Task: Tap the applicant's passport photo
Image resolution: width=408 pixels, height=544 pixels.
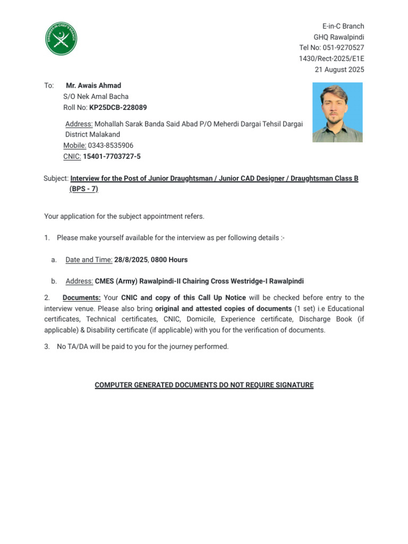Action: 337,112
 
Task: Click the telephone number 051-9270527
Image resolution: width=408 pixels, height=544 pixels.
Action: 342,48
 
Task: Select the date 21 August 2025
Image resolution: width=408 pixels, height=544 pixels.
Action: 340,70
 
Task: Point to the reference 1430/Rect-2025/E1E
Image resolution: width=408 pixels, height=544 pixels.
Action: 331,59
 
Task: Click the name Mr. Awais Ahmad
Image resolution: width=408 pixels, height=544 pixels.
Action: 93,86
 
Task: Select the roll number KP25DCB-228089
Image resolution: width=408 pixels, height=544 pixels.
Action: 118,107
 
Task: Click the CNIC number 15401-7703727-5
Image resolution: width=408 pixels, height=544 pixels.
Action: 112,157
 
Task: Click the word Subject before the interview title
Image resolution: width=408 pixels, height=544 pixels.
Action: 56,178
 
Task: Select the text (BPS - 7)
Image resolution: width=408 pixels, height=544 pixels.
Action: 84,189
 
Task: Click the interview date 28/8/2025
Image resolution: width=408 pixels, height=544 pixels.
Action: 131,260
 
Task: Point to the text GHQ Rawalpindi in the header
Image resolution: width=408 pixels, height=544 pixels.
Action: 339,37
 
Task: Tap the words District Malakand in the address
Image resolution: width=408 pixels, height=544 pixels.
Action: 92,134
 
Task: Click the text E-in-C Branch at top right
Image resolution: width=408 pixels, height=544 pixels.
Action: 343,26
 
